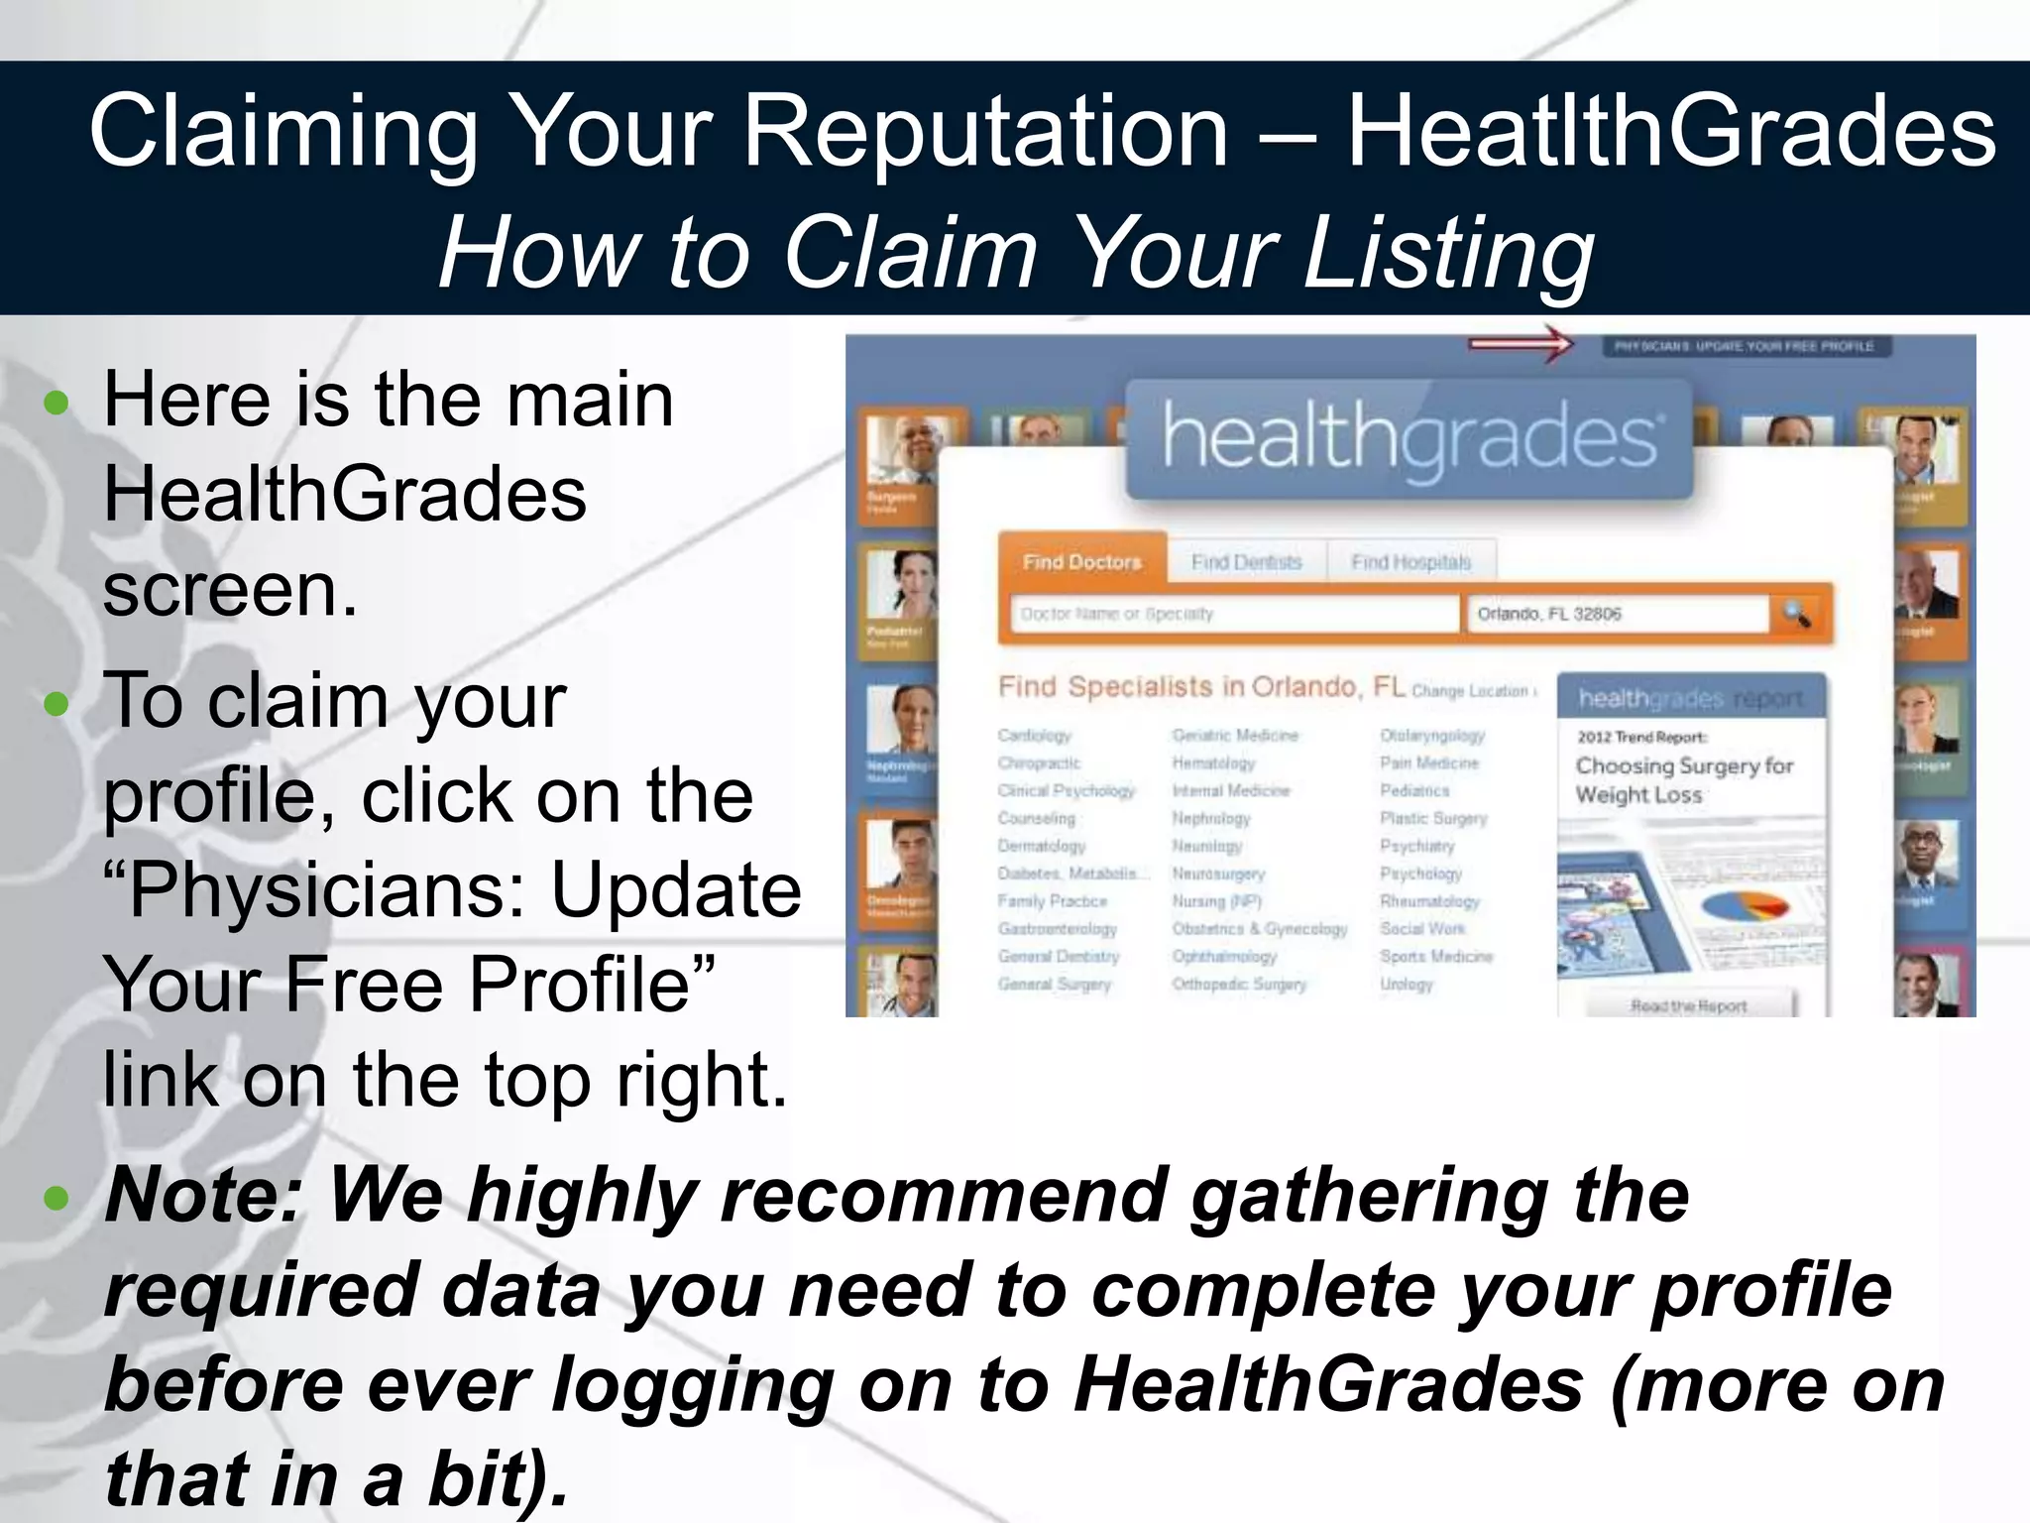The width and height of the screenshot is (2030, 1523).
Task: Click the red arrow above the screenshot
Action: click(x=1521, y=344)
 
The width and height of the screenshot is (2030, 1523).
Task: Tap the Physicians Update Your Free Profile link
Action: click(x=1745, y=346)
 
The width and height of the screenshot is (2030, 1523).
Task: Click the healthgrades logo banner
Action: click(x=1410, y=438)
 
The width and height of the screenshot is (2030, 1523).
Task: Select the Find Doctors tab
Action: click(x=1081, y=562)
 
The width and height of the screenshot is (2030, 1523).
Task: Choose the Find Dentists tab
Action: click(x=1246, y=562)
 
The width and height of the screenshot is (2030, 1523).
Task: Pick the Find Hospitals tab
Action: click(x=1410, y=562)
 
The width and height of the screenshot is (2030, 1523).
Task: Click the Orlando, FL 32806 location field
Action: click(x=1616, y=614)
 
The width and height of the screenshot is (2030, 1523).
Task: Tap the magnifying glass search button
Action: click(x=1797, y=614)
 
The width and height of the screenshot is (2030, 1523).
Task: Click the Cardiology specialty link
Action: click(x=1034, y=736)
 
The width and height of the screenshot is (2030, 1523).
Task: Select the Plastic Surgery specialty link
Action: click(x=1433, y=818)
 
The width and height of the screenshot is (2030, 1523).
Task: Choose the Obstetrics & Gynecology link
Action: click(x=1259, y=929)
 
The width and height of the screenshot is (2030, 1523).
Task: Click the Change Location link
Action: click(x=1472, y=691)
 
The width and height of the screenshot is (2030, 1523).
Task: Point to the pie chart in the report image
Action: click(x=1744, y=905)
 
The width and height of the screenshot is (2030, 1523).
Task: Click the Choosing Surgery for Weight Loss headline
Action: click(x=1684, y=780)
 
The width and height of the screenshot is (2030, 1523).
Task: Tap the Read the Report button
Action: click(x=1689, y=1005)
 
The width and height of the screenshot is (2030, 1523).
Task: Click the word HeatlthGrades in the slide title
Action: click(x=1671, y=132)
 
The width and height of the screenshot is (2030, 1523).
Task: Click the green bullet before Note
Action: click(x=57, y=1198)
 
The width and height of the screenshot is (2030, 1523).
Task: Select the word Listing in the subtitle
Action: click(x=1448, y=254)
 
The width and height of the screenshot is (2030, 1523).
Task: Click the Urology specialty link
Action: click(x=1407, y=985)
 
